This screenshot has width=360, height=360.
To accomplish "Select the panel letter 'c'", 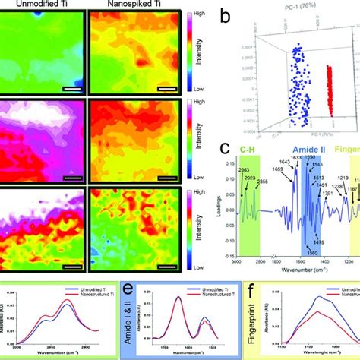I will (224, 151).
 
